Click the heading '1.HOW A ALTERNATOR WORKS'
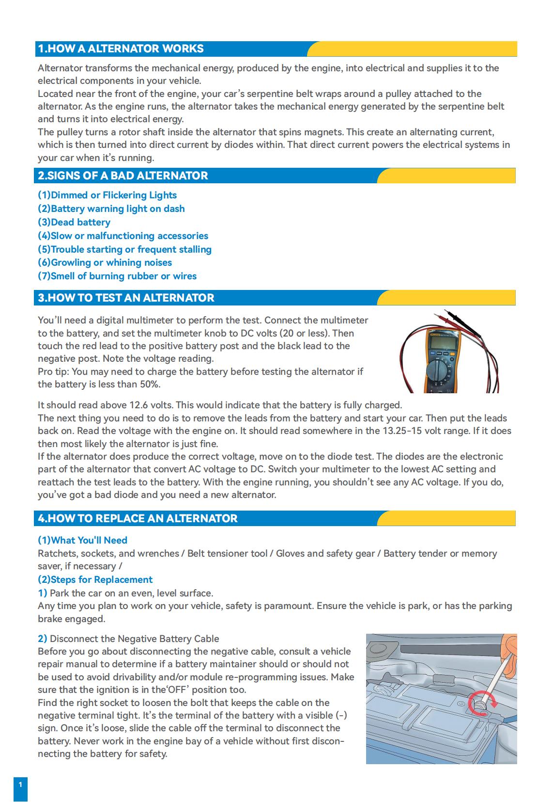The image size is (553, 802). pyautogui.click(x=121, y=48)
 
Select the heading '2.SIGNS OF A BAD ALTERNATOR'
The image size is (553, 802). pyautogui.click(x=123, y=176)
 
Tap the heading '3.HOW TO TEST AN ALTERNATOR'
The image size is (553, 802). pyautogui.click(x=126, y=298)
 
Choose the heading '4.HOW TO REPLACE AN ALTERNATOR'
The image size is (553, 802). pyautogui.click(x=138, y=518)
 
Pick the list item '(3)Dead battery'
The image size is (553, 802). pyautogui.click(x=74, y=222)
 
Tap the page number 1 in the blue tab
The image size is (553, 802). pyautogui.click(x=20, y=784)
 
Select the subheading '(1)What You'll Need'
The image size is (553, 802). pyautogui.click(x=82, y=540)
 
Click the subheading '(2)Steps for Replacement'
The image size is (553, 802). pyautogui.click(x=95, y=579)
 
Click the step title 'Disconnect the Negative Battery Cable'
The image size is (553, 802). pyautogui.click(x=135, y=639)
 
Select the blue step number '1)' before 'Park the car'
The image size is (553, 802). pyautogui.click(x=43, y=593)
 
